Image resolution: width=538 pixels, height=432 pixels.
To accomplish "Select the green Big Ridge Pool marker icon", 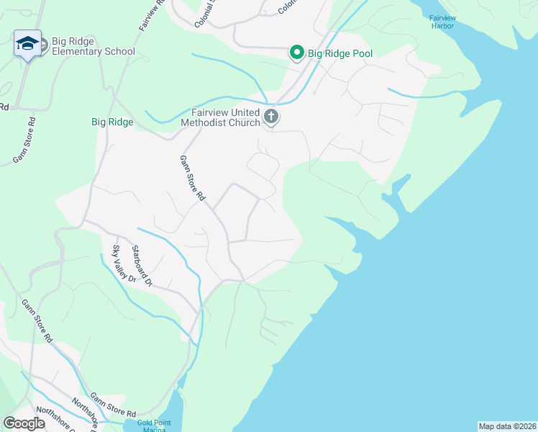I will pos(296,52).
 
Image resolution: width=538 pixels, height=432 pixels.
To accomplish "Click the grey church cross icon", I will pos(270,117).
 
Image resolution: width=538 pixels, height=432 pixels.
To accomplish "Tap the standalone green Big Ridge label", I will pos(112,122).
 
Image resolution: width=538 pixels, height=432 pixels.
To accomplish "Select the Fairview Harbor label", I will pos(442,22).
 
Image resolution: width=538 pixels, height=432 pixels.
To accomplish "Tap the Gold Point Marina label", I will pos(155,426).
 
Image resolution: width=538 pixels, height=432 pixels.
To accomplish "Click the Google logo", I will pos(24,423).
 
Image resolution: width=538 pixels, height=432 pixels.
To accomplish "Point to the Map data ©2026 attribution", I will pos(507,426).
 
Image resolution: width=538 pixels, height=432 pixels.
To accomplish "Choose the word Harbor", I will pos(443,26).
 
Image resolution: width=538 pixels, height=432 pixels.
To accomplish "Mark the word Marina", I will pos(155,430).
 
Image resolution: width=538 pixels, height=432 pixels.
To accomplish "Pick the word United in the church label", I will pos(242,112).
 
